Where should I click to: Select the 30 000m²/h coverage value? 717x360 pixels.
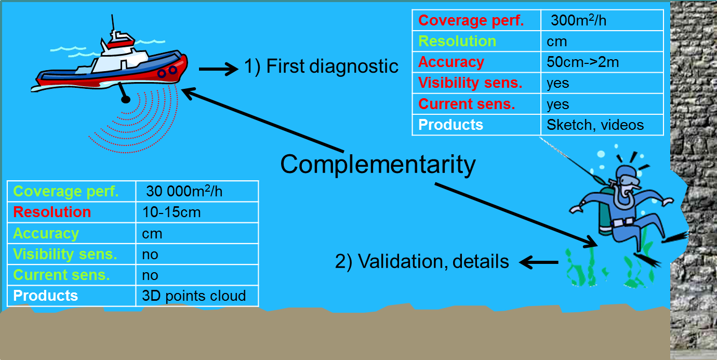[184, 191]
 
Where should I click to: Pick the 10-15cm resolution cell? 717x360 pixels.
[171, 212]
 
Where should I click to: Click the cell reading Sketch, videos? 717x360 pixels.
[595, 125]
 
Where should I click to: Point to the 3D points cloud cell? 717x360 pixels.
[193, 296]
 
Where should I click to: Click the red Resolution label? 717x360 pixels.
[52, 212]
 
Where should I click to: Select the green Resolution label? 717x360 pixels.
[457, 42]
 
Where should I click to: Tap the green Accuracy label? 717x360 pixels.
[46, 234]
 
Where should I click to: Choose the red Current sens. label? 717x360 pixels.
[466, 104]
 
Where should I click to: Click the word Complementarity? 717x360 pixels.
[378, 165]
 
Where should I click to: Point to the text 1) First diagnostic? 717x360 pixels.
[321, 66]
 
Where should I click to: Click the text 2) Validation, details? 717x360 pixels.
[422, 261]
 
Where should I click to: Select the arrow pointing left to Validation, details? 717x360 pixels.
[538, 262]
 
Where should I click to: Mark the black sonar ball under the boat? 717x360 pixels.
[125, 99]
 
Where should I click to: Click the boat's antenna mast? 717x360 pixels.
[113, 24]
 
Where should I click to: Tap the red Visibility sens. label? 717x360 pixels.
[470, 83]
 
